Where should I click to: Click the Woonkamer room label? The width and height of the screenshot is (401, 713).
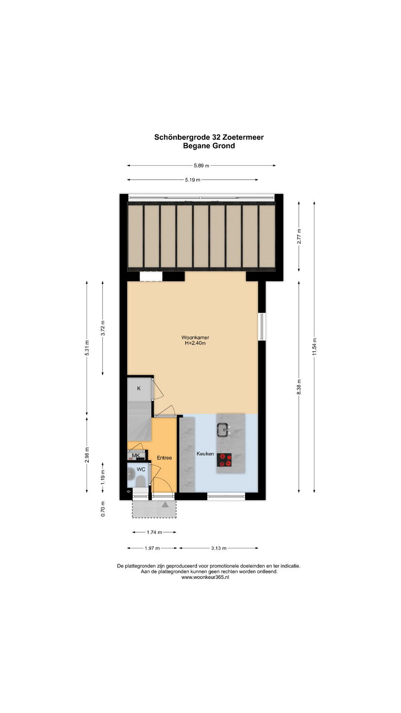(x=195, y=338)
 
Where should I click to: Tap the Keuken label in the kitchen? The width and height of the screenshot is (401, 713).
(x=205, y=454)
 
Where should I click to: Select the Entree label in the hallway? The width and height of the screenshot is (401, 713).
(x=164, y=458)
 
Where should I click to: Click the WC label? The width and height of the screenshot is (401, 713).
(x=141, y=469)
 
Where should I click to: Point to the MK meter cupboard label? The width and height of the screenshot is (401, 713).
(x=136, y=456)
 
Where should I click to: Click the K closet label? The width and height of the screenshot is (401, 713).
(x=139, y=388)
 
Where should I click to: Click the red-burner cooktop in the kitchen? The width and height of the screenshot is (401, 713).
(x=224, y=460)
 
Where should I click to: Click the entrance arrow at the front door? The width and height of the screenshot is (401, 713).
(x=165, y=504)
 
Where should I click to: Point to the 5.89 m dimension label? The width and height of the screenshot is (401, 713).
(x=201, y=166)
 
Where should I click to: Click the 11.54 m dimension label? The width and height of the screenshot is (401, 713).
(x=314, y=347)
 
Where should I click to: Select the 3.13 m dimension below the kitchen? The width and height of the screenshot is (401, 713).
(x=219, y=548)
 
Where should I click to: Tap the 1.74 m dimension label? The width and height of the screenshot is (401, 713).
(x=154, y=532)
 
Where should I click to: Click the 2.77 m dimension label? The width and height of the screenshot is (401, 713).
(x=299, y=236)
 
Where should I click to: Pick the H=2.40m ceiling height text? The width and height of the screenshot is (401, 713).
(x=195, y=343)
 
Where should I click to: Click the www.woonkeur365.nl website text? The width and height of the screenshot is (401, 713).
(x=205, y=577)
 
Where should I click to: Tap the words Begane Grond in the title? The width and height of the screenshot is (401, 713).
(x=209, y=146)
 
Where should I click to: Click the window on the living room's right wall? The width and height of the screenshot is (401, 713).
(x=262, y=327)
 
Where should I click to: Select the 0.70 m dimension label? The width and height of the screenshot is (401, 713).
(x=103, y=509)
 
